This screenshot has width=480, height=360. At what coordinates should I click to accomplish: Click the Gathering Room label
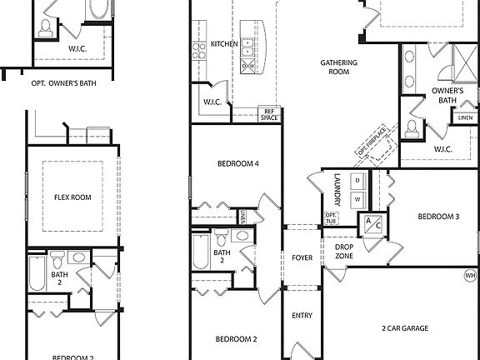pyautogui.click(x=339, y=67)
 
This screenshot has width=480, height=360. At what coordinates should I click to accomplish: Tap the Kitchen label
pyautogui.click(x=224, y=44)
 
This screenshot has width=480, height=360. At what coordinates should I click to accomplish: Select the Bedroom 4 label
pyautogui.click(x=237, y=163)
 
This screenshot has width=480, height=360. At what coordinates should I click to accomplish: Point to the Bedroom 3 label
pyautogui.click(x=438, y=217)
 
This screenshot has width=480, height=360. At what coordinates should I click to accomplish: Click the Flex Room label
pyautogui.click(x=72, y=197)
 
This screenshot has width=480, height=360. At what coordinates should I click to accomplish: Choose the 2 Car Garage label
pyautogui.click(x=405, y=328)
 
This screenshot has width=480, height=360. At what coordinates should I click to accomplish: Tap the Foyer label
pyautogui.click(x=302, y=258)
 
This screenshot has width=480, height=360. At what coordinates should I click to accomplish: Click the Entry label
pyautogui.click(x=302, y=316)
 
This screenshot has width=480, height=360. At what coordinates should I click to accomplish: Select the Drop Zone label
pyautogui.click(x=344, y=251)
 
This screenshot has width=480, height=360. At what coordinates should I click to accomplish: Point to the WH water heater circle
pyautogui.click(x=470, y=275)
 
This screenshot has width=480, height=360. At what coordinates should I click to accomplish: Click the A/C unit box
pyautogui.click(x=369, y=224)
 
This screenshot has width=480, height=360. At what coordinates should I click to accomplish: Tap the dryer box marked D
pyautogui.click(x=357, y=180)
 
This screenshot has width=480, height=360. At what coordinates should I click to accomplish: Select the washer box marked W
pyautogui.click(x=357, y=199)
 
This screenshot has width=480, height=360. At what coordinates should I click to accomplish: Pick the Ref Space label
pyautogui.click(x=268, y=114)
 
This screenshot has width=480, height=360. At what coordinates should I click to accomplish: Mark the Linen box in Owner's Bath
pyautogui.click(x=464, y=118)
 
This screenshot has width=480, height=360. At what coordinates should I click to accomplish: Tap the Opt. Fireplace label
pyautogui.click(x=371, y=140)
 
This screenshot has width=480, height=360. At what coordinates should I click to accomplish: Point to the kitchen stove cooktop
pyautogui.click(x=200, y=52)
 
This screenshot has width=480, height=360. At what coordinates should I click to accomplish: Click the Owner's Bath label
pyautogui.click(x=447, y=95)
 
